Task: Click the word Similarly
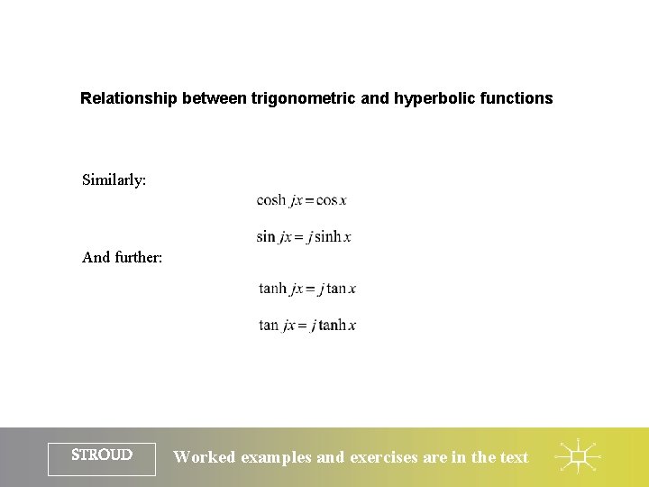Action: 114,179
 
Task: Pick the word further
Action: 139,257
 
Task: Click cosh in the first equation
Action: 271,200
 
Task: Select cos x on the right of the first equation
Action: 332,200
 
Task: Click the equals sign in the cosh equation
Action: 309,200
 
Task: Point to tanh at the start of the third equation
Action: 272,289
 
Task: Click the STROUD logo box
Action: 102,456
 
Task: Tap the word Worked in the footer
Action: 205,457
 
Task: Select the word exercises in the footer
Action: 384,457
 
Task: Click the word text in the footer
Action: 514,457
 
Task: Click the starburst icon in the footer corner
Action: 578,457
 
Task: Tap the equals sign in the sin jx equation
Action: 298,237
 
